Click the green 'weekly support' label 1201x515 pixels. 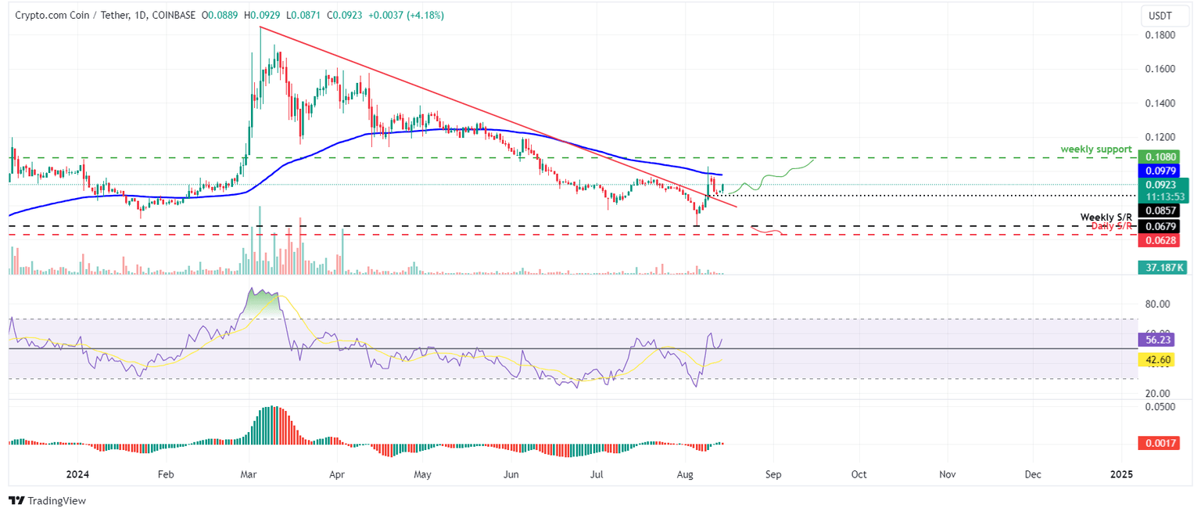click(x=1095, y=149)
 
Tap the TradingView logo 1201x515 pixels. click(x=47, y=500)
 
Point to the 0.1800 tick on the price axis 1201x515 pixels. click(x=1161, y=35)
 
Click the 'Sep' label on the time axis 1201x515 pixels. click(x=773, y=474)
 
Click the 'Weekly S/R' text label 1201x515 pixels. click(x=1106, y=217)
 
